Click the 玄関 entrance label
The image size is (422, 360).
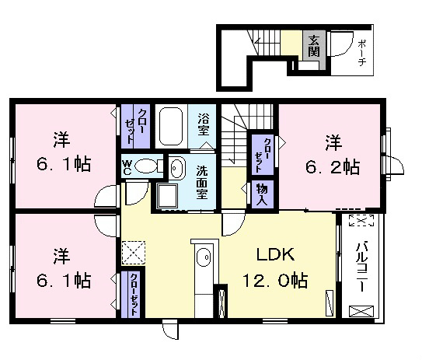point(313,46)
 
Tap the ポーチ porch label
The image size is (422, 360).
point(362,53)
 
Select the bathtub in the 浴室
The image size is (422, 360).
point(171,127)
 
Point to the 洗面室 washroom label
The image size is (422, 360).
point(202,182)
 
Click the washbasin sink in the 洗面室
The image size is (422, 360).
point(177,168)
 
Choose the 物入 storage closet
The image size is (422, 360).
point(262,194)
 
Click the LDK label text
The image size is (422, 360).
point(275,254)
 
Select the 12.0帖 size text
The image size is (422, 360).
point(275,280)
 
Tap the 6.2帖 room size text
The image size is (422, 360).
point(333,167)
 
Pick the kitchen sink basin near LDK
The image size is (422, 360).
point(204,257)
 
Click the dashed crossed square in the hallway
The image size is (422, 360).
point(134,253)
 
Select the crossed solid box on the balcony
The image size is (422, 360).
point(361,311)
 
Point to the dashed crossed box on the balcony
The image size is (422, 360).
point(361,221)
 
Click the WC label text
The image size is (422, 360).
point(127,167)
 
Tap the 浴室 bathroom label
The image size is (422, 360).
point(203,124)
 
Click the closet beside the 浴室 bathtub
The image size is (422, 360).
point(135,126)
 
